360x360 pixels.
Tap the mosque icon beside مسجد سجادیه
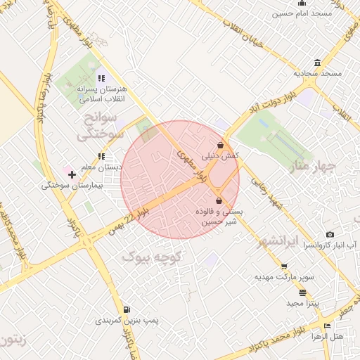point(318,63)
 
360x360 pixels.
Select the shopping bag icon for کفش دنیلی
point(220,146)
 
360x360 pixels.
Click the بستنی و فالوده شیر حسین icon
point(219,201)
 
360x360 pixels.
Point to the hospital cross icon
point(72,174)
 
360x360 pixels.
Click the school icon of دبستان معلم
point(101,156)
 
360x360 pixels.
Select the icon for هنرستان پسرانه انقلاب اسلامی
point(101,78)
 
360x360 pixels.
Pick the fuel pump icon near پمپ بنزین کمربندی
point(126,309)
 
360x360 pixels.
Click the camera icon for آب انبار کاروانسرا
point(330,235)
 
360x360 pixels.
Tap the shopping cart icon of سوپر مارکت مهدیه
point(284,266)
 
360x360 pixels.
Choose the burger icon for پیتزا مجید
point(302,292)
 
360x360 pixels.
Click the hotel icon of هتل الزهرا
point(326,326)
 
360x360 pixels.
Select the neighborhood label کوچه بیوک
point(152,257)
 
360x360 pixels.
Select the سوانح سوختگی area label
point(103,124)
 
